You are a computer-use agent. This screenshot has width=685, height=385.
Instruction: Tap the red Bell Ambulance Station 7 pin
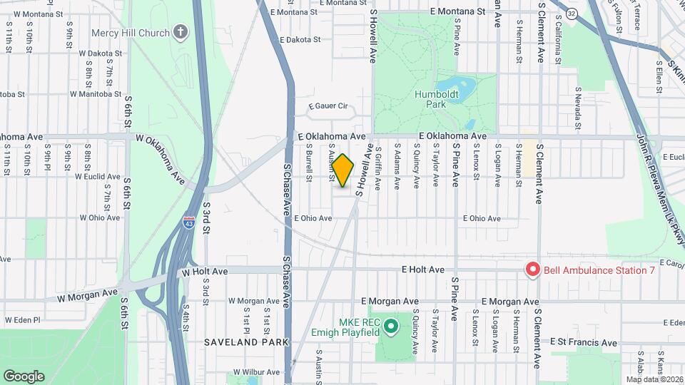[x=532, y=269]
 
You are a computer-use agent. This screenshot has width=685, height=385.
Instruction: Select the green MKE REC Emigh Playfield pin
[x=390, y=327]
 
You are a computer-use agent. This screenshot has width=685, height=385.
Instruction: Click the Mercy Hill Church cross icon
[x=181, y=33]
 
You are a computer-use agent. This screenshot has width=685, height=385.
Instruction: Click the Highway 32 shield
[x=572, y=14]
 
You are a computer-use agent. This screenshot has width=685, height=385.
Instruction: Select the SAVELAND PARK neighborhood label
[x=245, y=342]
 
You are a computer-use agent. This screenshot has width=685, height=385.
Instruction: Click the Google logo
[x=24, y=376]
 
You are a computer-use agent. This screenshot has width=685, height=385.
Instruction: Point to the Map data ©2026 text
[x=654, y=379]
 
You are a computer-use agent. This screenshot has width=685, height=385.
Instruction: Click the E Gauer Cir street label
[x=328, y=107]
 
